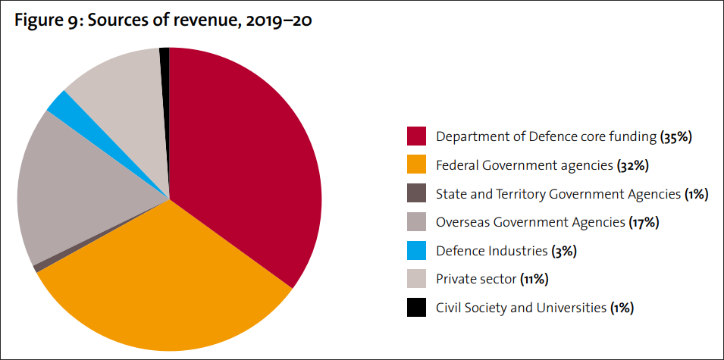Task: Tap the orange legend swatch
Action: point(416,165)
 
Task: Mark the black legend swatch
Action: point(416,308)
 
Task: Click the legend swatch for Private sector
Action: point(416,279)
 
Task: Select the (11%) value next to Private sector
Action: point(534,280)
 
